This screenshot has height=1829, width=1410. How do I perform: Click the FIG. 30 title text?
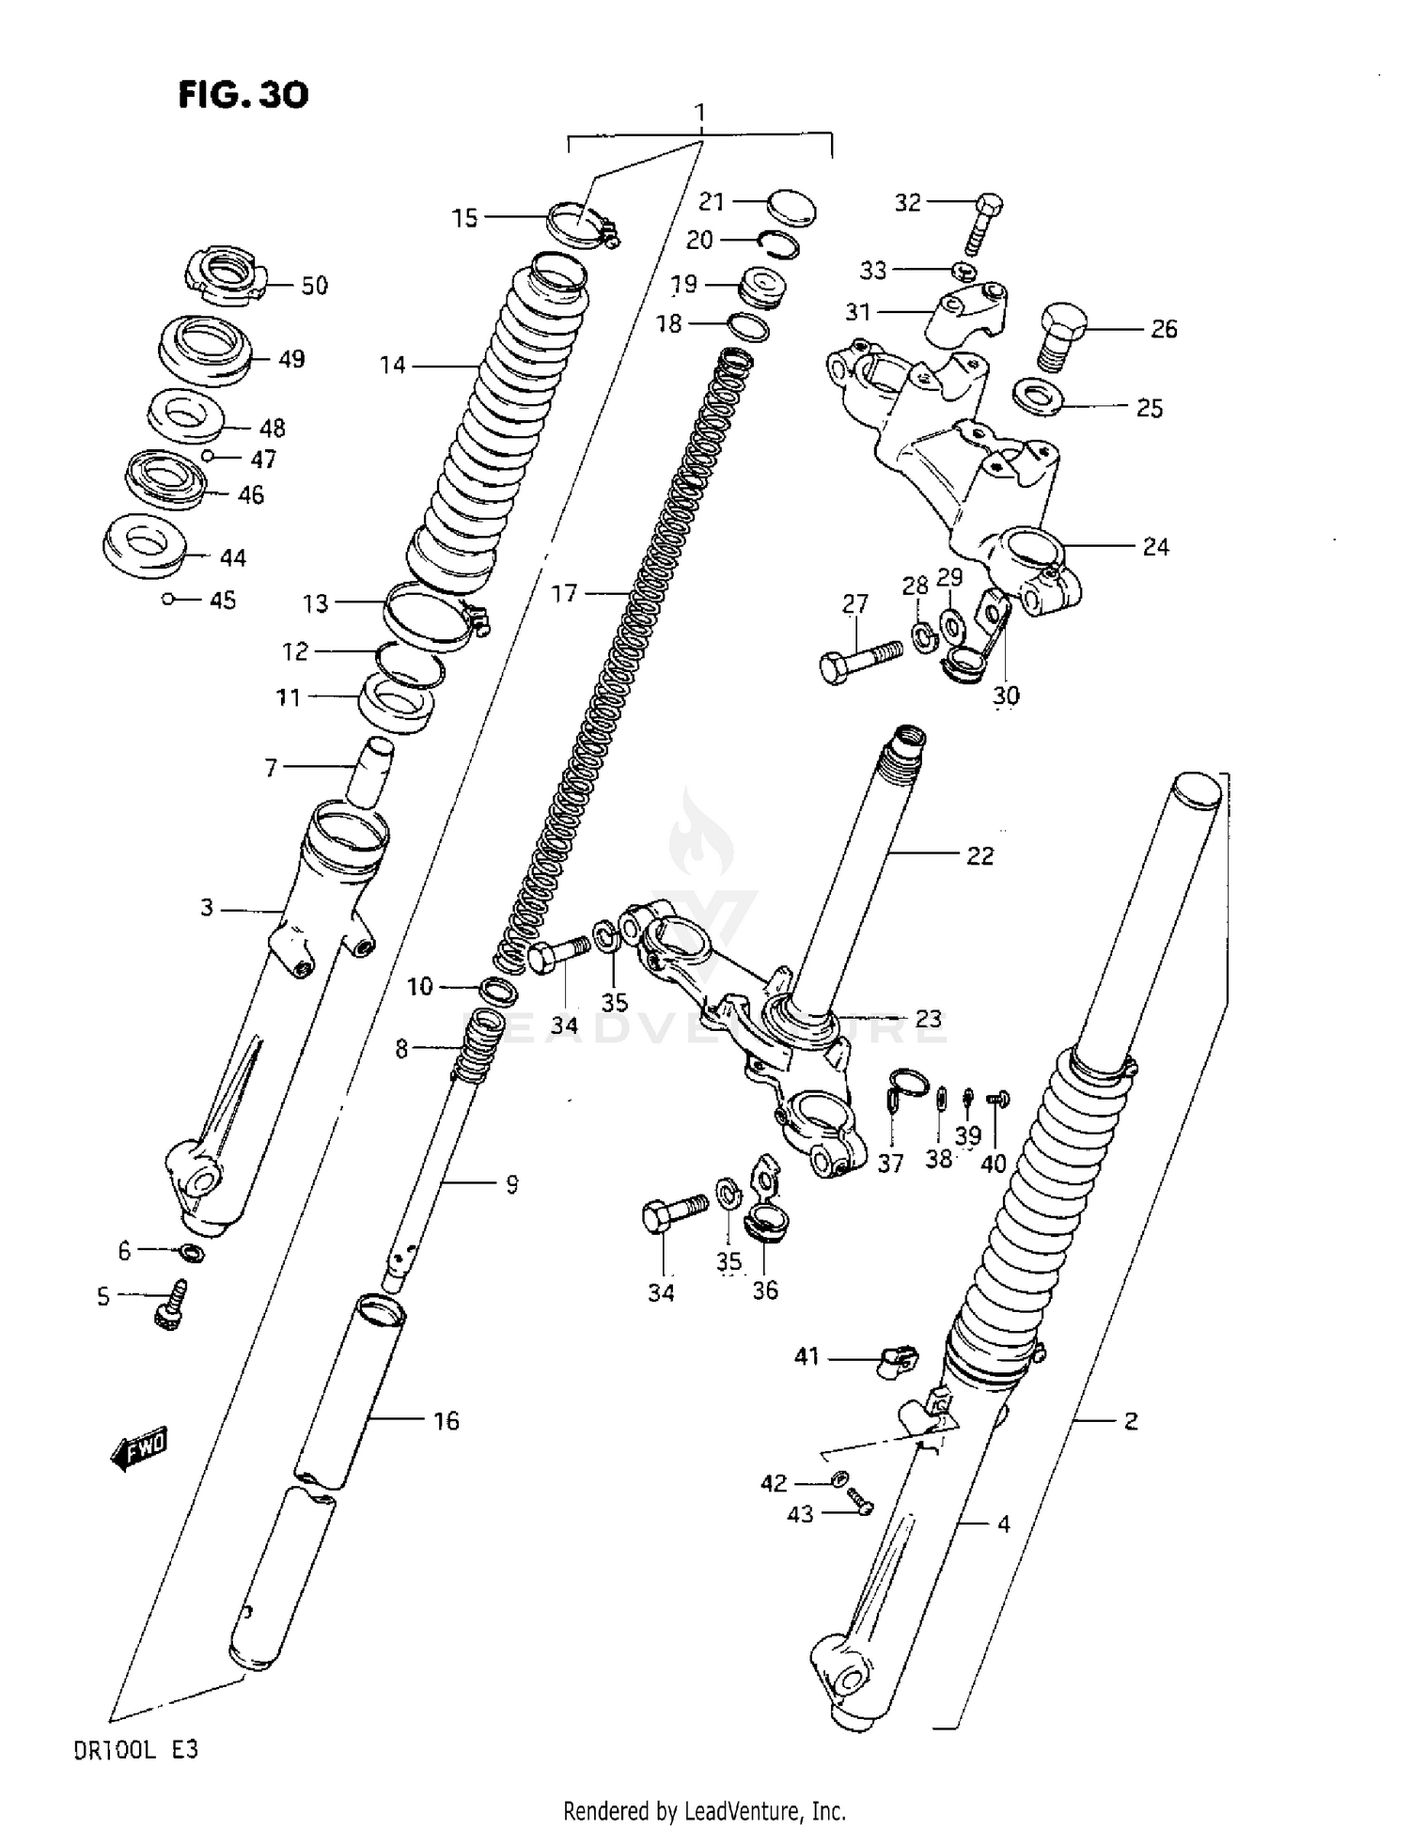243,95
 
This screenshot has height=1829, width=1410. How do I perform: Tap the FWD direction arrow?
139,1451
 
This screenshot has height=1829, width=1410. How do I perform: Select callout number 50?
314,285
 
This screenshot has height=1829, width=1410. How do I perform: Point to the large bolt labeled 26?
1062,336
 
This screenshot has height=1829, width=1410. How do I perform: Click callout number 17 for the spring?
564,593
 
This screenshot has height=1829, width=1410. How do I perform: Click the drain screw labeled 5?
171,1306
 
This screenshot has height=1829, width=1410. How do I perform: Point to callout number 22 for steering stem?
979,855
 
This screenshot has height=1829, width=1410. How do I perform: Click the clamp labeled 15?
581,226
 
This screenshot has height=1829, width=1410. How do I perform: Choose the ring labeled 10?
497,991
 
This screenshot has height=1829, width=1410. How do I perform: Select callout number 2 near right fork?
1131,1420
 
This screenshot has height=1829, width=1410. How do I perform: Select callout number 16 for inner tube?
446,1420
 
